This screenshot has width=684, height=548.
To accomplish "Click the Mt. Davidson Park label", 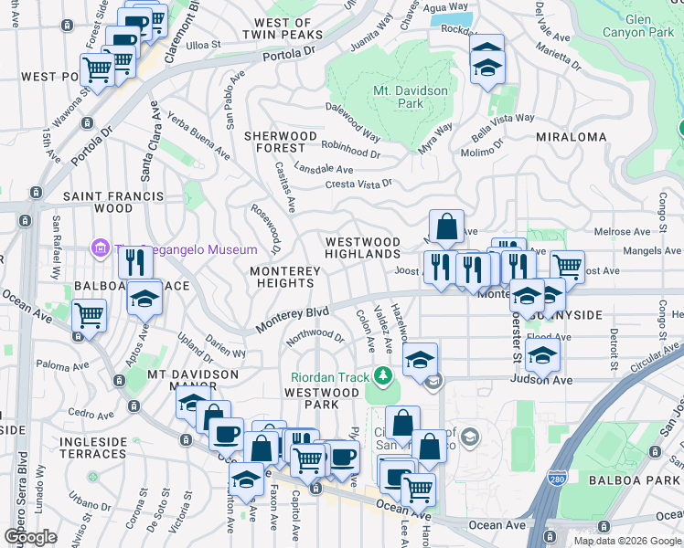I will pyautogui.click(x=411, y=97).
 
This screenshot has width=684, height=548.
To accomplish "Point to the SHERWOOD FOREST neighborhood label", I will pyautogui.click(x=280, y=142).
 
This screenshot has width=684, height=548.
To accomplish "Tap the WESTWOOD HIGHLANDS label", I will pyautogui.click(x=363, y=248).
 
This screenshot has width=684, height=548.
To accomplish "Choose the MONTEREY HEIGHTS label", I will pyautogui.click(x=285, y=278).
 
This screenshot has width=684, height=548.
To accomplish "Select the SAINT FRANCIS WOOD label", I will pyautogui.click(x=113, y=202).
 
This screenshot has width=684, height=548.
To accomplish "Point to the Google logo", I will pyautogui.click(x=30, y=536).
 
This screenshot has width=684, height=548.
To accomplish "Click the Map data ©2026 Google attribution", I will pyautogui.click(x=627, y=541).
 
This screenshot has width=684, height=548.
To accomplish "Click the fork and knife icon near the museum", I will pyautogui.click(x=135, y=262).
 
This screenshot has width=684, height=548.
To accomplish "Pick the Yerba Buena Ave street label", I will pyautogui.click(x=198, y=139).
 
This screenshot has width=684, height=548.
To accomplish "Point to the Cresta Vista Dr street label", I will pyautogui.click(x=360, y=184).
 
